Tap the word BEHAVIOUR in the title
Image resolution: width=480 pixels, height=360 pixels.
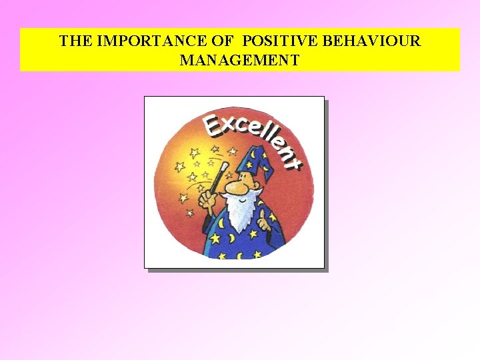[x=372, y=41]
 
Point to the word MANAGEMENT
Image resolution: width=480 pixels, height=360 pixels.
[x=239, y=61]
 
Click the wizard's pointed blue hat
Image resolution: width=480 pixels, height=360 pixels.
[x=256, y=163]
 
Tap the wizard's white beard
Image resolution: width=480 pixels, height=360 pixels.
[x=237, y=213]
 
